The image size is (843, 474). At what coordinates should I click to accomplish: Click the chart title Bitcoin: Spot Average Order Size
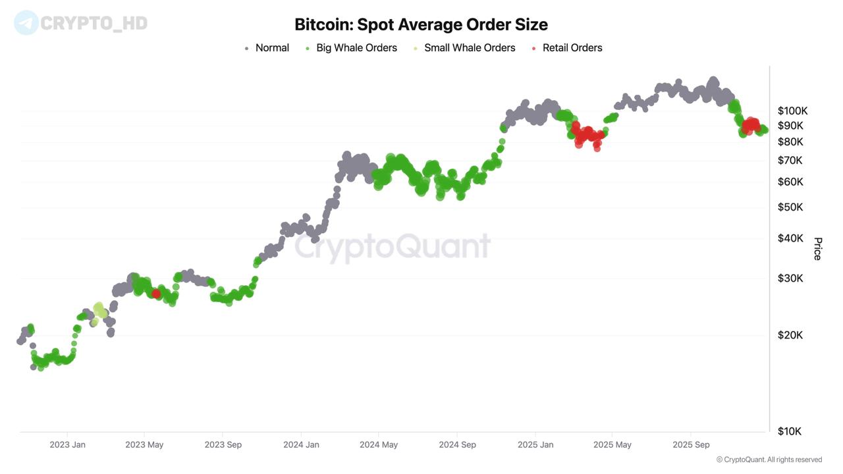pyautogui.click(x=421, y=25)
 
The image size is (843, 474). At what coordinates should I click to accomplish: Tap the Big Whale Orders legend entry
pyautogui.click(x=356, y=48)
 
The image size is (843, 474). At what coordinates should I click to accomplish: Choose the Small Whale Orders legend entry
pyautogui.click(x=469, y=48)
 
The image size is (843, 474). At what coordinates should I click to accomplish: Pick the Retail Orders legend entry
pyautogui.click(x=572, y=48)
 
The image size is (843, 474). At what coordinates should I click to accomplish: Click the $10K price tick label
pyautogui.click(x=790, y=431)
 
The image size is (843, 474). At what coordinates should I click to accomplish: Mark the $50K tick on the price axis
pyautogui.click(x=790, y=207)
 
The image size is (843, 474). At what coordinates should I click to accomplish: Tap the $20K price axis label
pyautogui.click(x=790, y=334)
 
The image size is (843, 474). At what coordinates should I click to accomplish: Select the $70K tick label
pyautogui.click(x=790, y=160)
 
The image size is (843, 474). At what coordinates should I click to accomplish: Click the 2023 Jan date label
pyautogui.click(x=67, y=444)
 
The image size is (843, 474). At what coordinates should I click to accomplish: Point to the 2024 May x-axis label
pyautogui.click(x=379, y=444)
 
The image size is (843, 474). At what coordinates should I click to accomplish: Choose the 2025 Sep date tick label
pyautogui.click(x=691, y=444)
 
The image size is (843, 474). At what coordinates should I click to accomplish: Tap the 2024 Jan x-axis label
pyautogui.click(x=301, y=444)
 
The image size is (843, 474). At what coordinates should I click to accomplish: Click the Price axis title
pyautogui.click(x=817, y=249)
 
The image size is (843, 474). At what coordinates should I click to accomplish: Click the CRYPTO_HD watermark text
pyautogui.click(x=94, y=24)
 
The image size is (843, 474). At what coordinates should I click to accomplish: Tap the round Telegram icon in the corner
pyautogui.click(x=26, y=23)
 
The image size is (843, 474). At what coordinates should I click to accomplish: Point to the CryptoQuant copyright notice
pyautogui.click(x=769, y=460)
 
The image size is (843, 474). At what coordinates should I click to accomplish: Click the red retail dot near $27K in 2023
pyautogui.click(x=156, y=294)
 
